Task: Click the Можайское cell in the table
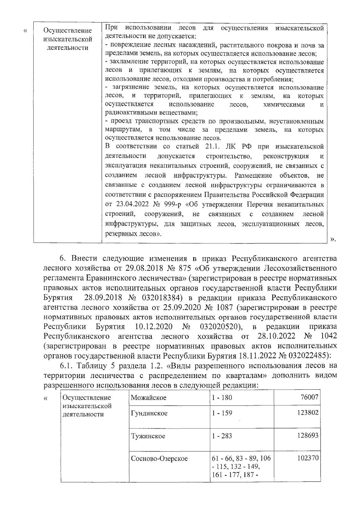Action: pos(149,398)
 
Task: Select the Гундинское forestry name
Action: pos(149,413)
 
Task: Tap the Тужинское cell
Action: pos(148,436)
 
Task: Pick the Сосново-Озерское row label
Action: pos(159,458)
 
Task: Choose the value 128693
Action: pos(308,435)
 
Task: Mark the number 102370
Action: pos(308,458)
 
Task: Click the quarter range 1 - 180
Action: pos(222,398)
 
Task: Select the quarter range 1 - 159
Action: pos(222,413)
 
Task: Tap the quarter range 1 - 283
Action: pos(222,436)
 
